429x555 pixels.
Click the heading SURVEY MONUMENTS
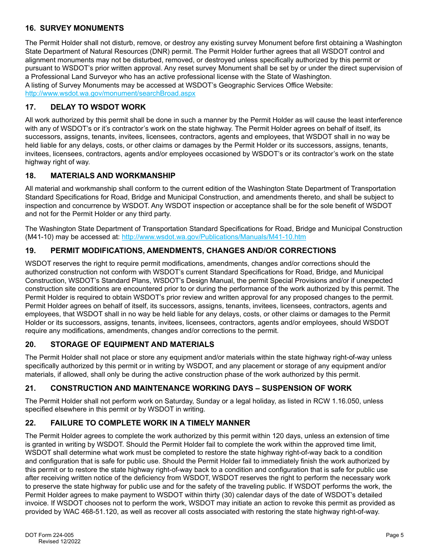pyautogui.click(x=82, y=28)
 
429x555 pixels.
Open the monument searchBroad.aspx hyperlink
pyautogui.click(x=110, y=93)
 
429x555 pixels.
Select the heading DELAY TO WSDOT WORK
pyautogui.click(x=98, y=107)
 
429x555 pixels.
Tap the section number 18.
pyautogui.click(x=30, y=176)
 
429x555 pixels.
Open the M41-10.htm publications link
pyautogui.click(x=214, y=237)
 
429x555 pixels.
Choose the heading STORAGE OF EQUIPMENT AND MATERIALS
pyautogui.click(x=132, y=344)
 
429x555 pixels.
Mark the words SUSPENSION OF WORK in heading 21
pyautogui.click(x=307, y=388)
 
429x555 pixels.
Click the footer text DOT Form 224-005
pyautogui.click(x=49, y=535)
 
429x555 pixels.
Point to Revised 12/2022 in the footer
pyautogui.click(x=59, y=541)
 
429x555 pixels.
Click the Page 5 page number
pyautogui.click(x=395, y=535)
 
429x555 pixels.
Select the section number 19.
pyautogui.click(x=30, y=250)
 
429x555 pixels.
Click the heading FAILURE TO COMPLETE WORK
pyautogui.click(x=150, y=423)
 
